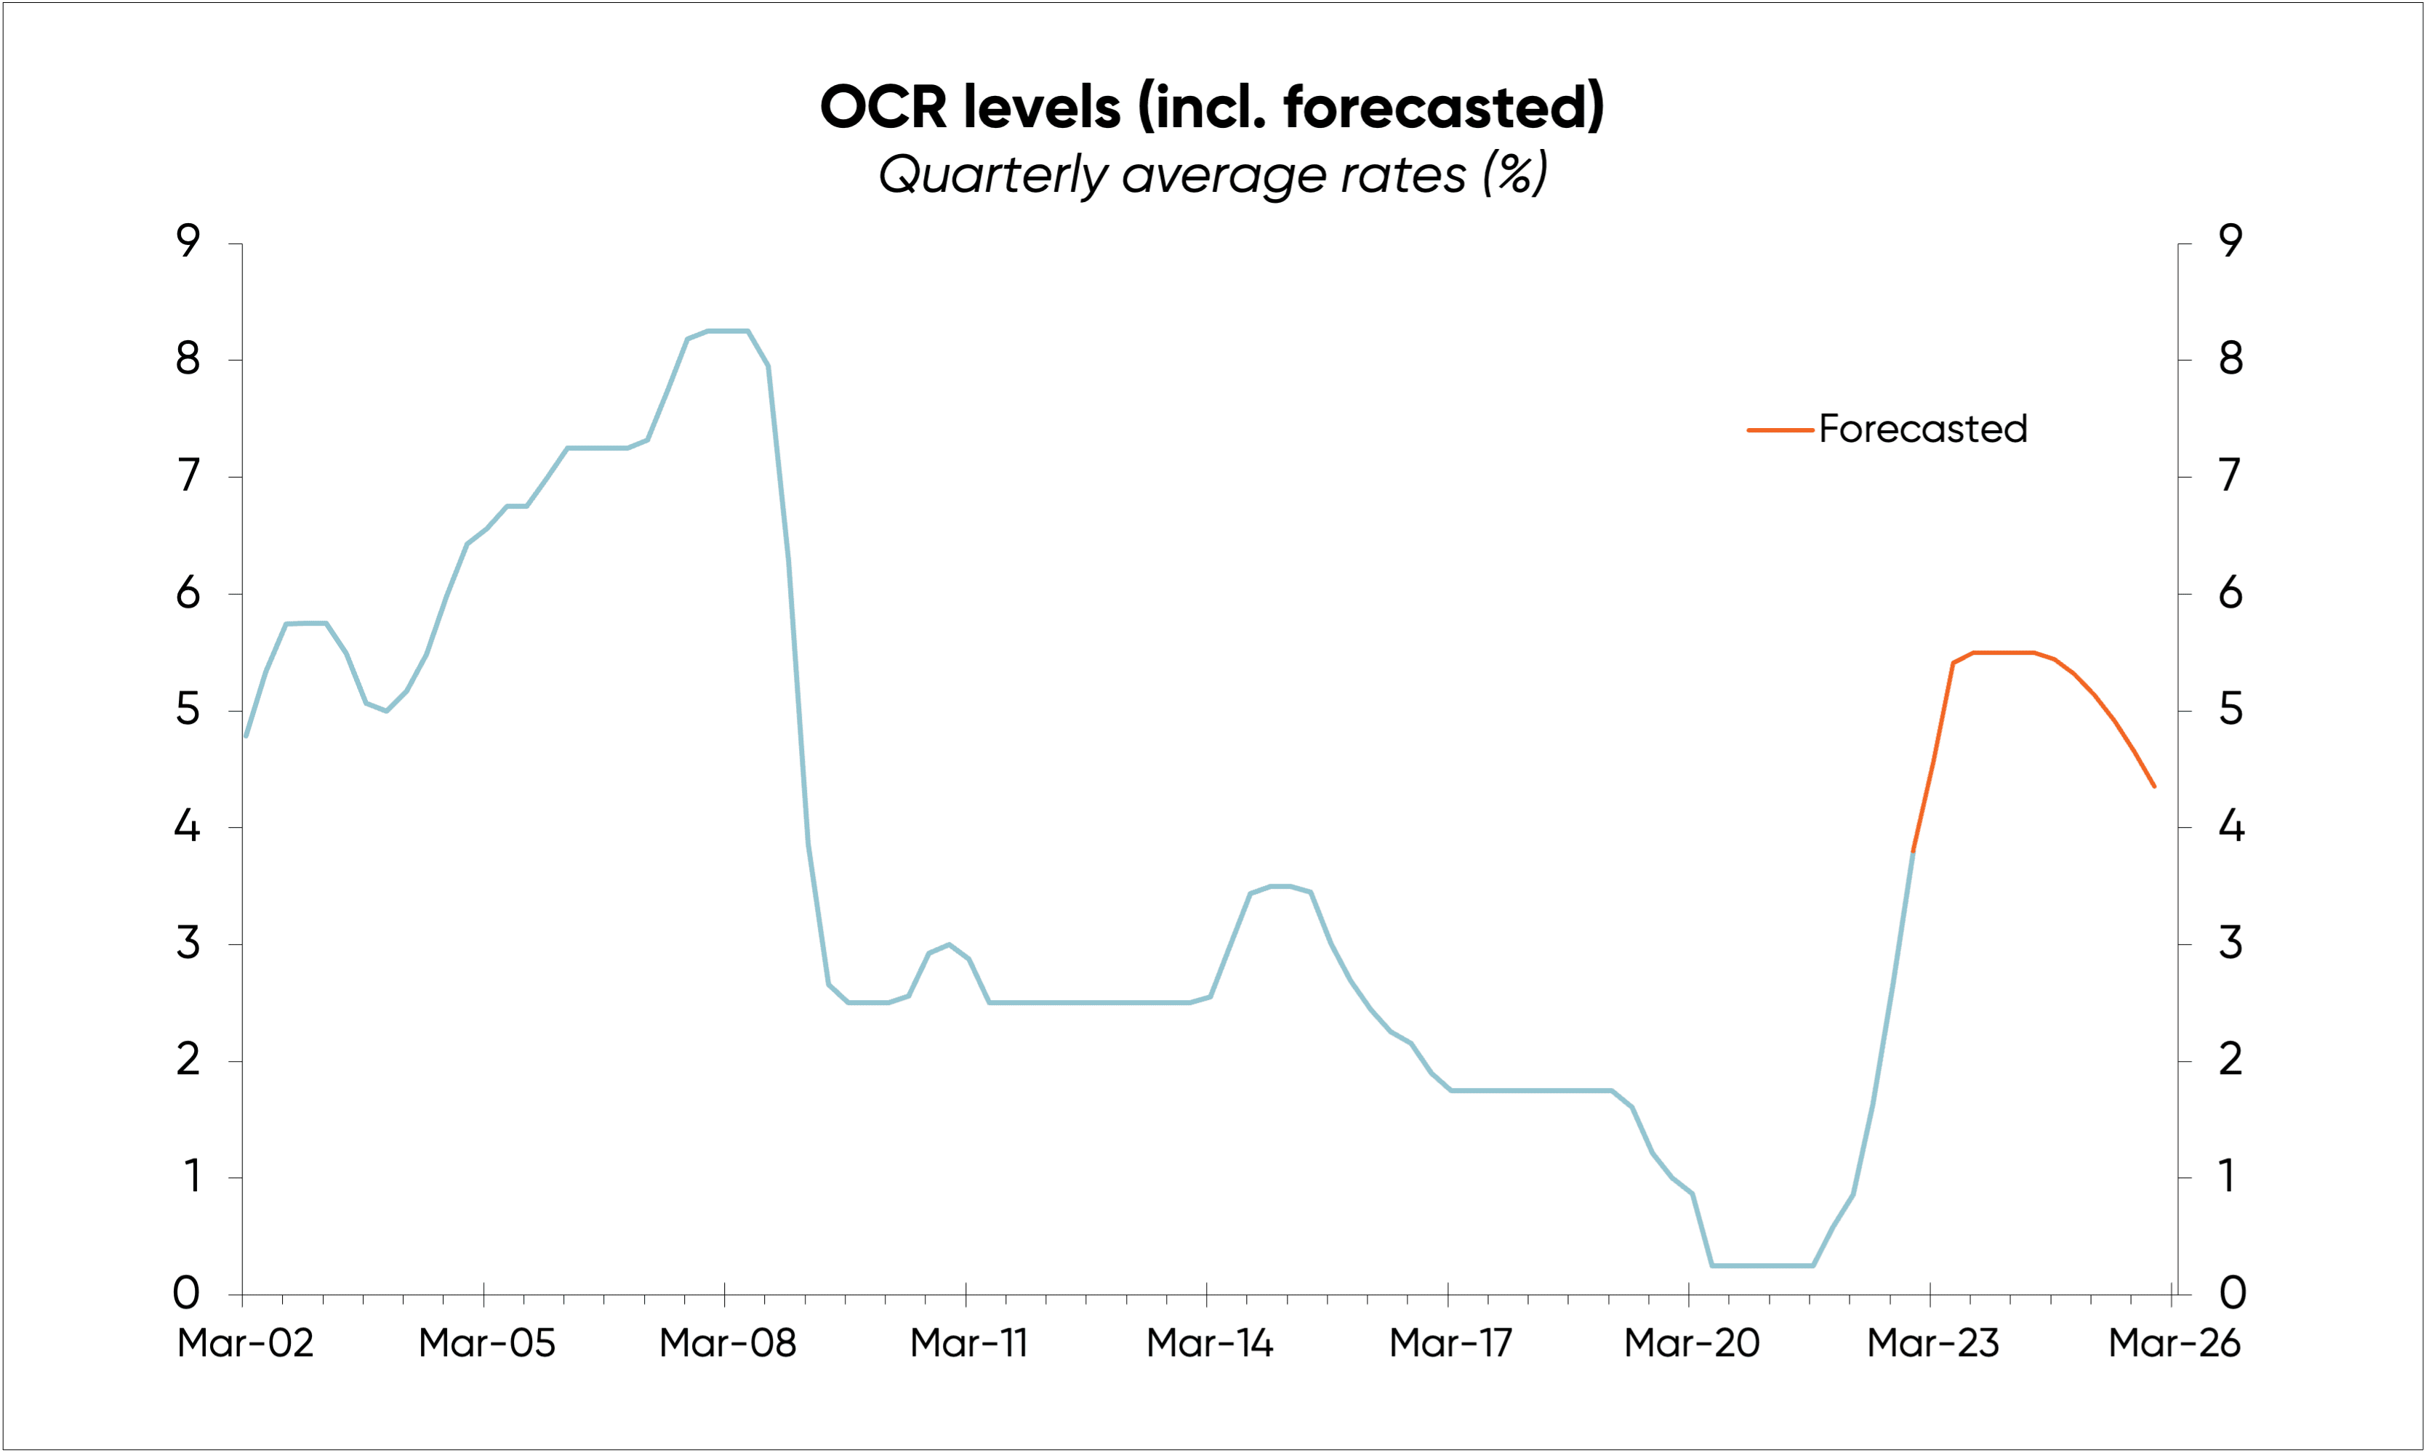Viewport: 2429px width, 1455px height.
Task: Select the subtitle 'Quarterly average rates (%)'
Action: click(1212, 174)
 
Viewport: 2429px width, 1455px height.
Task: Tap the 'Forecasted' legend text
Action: click(1922, 430)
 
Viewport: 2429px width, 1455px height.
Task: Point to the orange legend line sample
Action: click(1779, 430)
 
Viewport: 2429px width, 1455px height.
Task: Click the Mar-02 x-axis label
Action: click(245, 1343)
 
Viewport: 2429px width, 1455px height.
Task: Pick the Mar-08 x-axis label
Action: click(728, 1343)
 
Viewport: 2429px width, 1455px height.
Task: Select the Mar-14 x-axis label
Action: click(1209, 1343)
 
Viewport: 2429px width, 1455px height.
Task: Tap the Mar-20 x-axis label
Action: click(1692, 1343)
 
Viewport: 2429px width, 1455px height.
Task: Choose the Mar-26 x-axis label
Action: click(2174, 1343)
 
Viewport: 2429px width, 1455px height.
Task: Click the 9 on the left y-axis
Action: click(188, 241)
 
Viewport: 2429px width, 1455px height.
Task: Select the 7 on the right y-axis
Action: click(2230, 475)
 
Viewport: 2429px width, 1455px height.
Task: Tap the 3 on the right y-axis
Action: click(2230, 943)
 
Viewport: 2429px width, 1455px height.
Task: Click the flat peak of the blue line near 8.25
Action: click(728, 331)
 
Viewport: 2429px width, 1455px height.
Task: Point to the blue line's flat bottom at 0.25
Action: click(1762, 1266)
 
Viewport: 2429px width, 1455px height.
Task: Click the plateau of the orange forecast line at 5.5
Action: click(2004, 652)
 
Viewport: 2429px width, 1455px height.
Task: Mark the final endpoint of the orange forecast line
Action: click(2153, 786)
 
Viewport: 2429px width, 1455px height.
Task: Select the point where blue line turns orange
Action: click(1912, 852)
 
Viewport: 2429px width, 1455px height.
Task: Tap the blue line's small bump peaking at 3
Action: click(948, 945)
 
